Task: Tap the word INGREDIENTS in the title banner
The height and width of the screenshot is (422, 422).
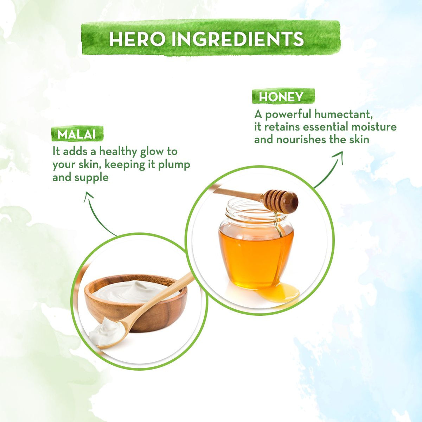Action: pos(238,39)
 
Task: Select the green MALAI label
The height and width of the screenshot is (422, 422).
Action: pos(77,134)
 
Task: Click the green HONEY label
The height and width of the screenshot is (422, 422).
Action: pos(283,96)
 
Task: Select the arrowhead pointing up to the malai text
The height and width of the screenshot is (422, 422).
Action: pos(88,196)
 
